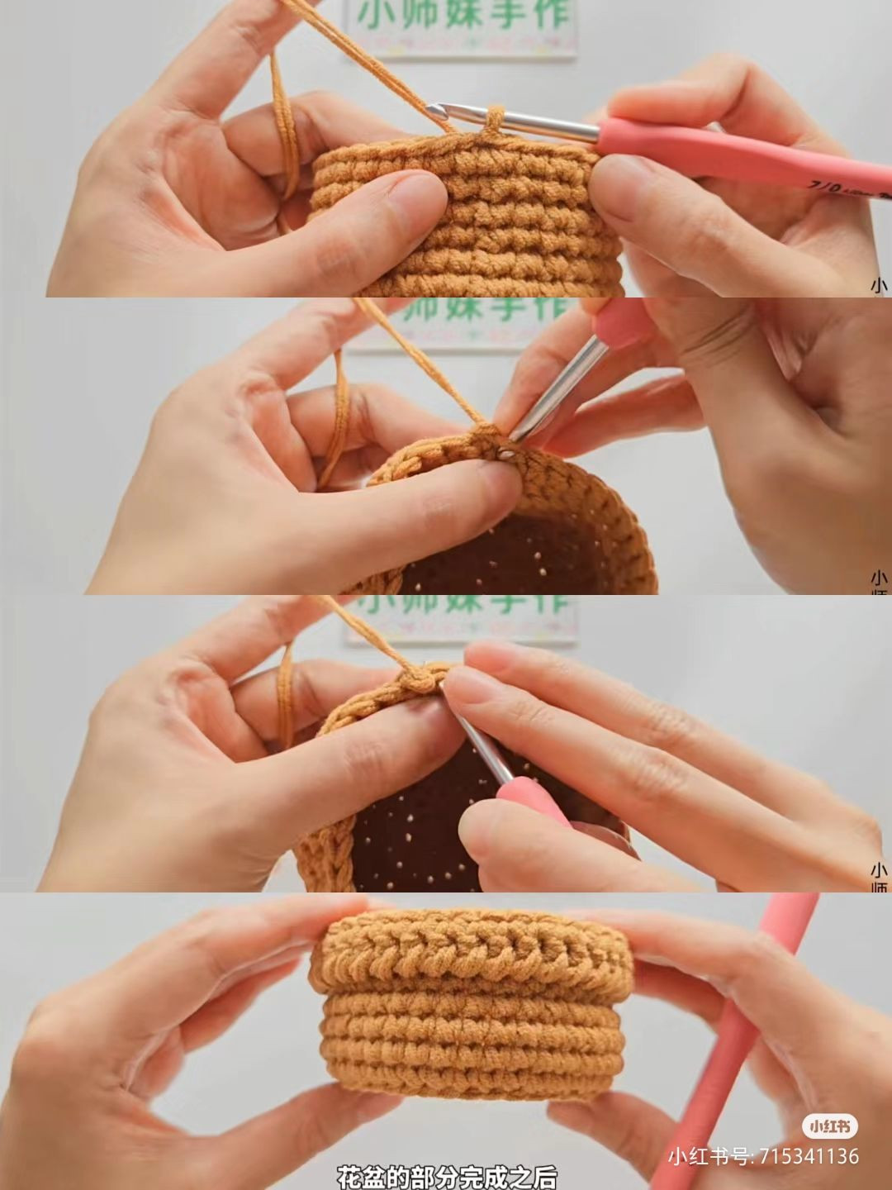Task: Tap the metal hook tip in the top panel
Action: (x=435, y=110)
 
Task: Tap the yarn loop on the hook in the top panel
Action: (x=493, y=118)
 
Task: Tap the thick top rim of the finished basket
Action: (x=471, y=950)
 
